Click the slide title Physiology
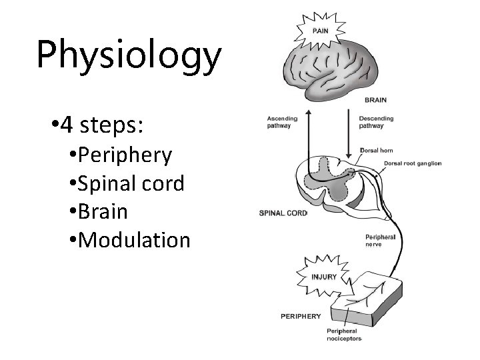(128, 55)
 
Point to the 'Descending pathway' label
(376, 122)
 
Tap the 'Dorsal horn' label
(376, 151)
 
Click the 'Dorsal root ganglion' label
(412, 163)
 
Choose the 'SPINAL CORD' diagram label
(283, 214)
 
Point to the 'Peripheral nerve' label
(379, 240)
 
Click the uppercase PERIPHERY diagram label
(300, 316)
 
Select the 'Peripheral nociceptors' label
(343, 335)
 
